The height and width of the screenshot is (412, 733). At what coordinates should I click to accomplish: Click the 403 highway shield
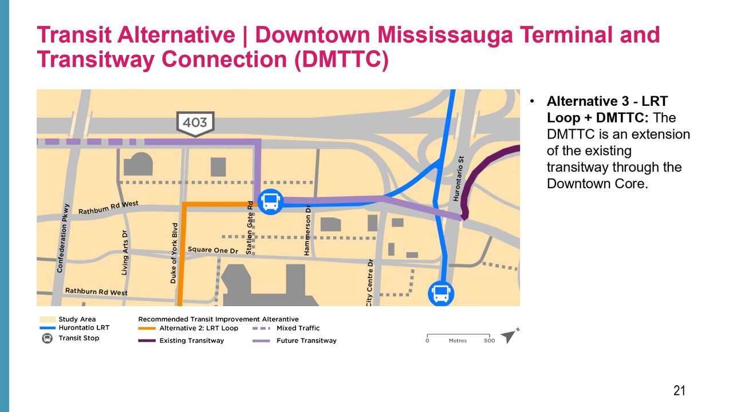click(195, 124)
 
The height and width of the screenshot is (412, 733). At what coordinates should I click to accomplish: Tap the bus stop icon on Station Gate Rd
click(271, 202)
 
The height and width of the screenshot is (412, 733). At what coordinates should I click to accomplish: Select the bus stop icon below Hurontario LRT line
click(441, 294)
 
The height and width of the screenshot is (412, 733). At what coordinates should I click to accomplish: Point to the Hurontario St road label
click(459, 179)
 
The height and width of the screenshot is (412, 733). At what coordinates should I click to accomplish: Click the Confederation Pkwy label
click(63, 238)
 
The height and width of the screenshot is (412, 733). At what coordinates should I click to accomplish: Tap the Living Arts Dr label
click(125, 252)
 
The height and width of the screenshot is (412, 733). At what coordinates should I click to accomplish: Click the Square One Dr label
click(212, 250)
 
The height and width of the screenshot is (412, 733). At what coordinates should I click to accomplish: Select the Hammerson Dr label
click(307, 230)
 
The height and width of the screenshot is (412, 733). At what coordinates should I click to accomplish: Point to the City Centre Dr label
click(369, 283)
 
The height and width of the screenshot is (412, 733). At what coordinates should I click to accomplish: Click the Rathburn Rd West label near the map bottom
click(96, 292)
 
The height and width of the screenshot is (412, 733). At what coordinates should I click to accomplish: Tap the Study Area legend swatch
click(48, 319)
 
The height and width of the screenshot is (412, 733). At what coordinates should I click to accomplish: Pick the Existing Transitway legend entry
click(181, 340)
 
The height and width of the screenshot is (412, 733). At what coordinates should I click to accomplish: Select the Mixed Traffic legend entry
click(286, 328)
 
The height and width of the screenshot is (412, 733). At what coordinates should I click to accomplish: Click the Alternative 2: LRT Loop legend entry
click(188, 328)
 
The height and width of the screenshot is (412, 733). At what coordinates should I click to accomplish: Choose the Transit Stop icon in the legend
click(47, 338)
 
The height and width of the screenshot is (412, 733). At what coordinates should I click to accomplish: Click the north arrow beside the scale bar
click(509, 336)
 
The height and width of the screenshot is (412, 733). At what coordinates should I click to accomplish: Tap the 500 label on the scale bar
click(489, 340)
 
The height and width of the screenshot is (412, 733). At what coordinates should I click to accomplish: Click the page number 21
click(679, 391)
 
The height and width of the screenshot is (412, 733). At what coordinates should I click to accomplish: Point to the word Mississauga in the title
click(445, 35)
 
